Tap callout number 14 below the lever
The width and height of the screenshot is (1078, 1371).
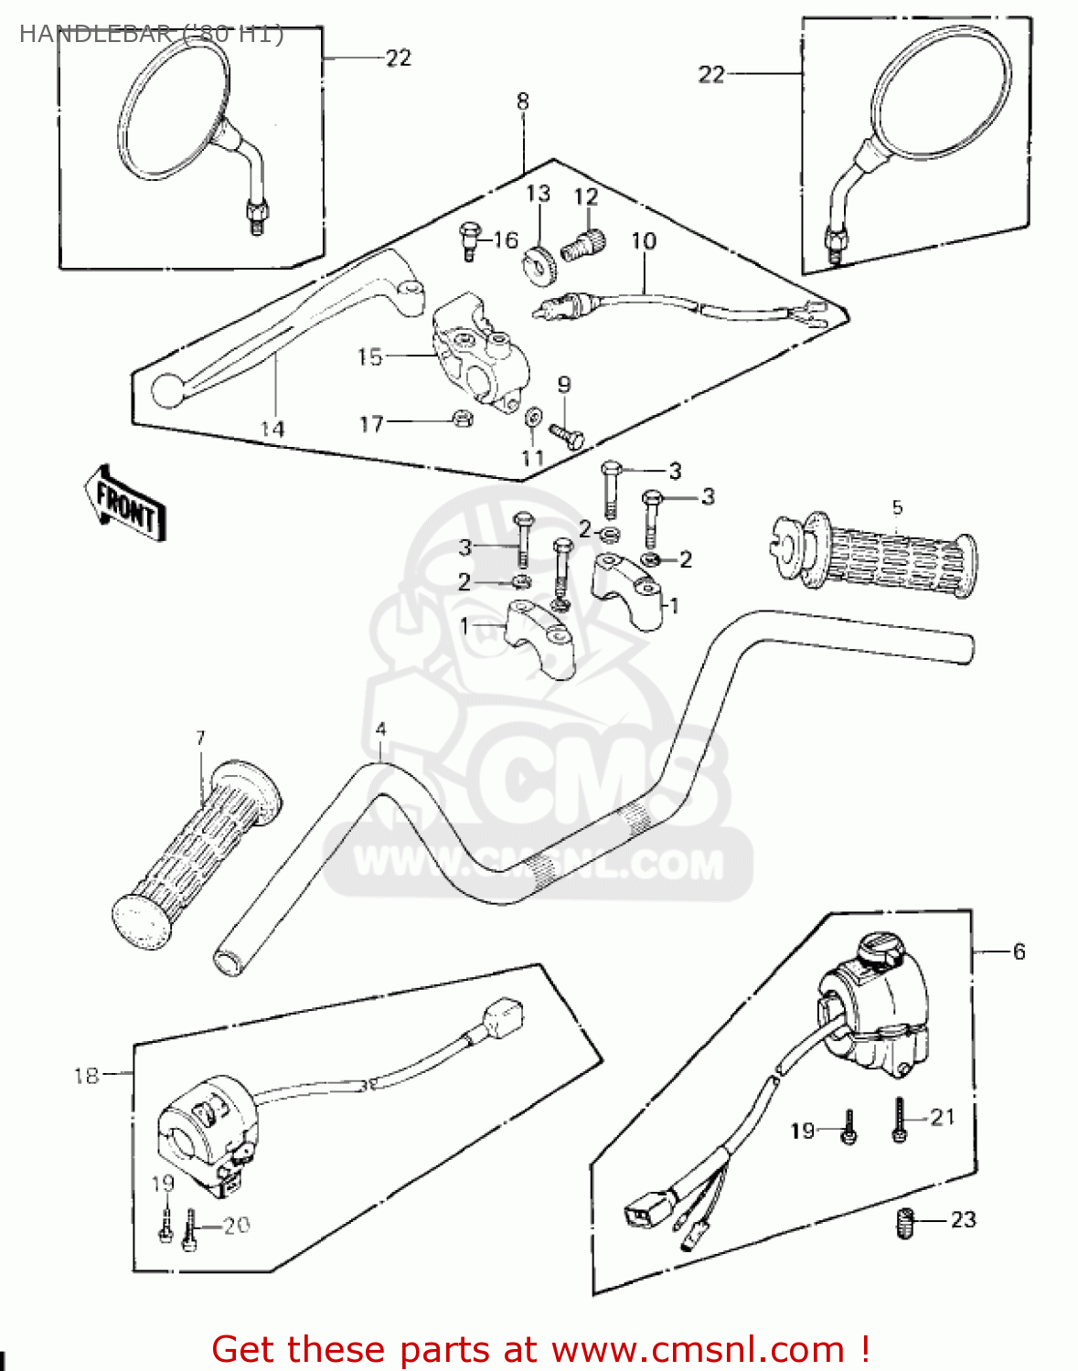click(x=272, y=429)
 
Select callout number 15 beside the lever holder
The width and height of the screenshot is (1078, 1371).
click(x=369, y=356)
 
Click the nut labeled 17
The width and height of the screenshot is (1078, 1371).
click(x=463, y=420)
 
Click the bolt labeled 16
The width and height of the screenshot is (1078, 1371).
click(x=469, y=240)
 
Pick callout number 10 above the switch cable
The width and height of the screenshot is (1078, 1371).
click(x=644, y=241)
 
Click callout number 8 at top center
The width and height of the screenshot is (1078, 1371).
click(x=522, y=101)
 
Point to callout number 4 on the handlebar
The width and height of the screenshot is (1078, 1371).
click(x=380, y=729)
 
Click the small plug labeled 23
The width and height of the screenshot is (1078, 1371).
click(x=905, y=1222)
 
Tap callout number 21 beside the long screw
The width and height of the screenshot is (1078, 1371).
click(x=942, y=1117)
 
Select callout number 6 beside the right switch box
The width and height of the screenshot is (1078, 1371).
click(x=1019, y=951)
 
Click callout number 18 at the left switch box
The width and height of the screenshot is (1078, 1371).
click(x=86, y=1076)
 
